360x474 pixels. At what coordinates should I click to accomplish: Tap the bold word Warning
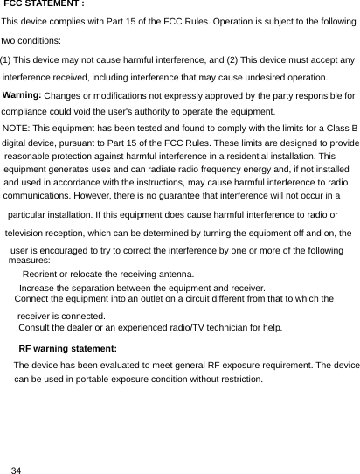pyautogui.click(x=23, y=94)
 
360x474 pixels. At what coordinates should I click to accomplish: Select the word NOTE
pyautogui.click(x=16, y=129)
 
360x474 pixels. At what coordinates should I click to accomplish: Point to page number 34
pyautogui.click(x=16, y=471)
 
